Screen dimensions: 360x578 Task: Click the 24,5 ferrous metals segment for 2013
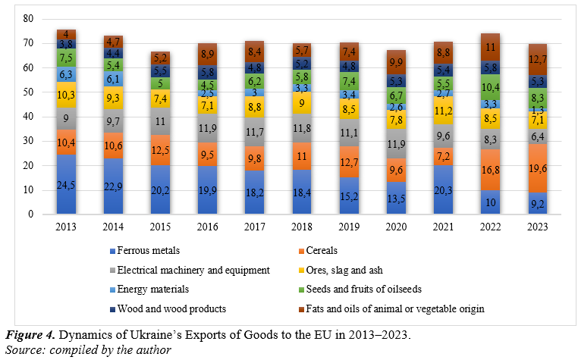pyautogui.click(x=67, y=183)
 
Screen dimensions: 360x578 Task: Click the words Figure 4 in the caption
pyautogui.click(x=30, y=334)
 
